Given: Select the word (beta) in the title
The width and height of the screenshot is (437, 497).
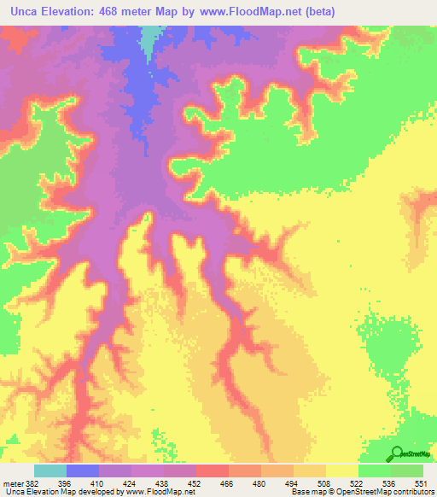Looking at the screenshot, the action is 315,12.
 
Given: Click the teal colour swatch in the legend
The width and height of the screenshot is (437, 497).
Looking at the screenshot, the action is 50,471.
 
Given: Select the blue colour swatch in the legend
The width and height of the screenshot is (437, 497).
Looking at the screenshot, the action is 82,471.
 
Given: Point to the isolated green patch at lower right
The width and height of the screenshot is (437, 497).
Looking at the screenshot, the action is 388,342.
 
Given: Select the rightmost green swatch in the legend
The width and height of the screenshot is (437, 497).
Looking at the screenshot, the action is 407,471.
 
